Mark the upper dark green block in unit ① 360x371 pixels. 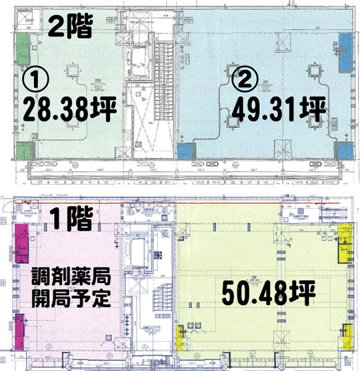click(23, 47)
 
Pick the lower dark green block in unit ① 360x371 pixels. click(23, 149)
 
